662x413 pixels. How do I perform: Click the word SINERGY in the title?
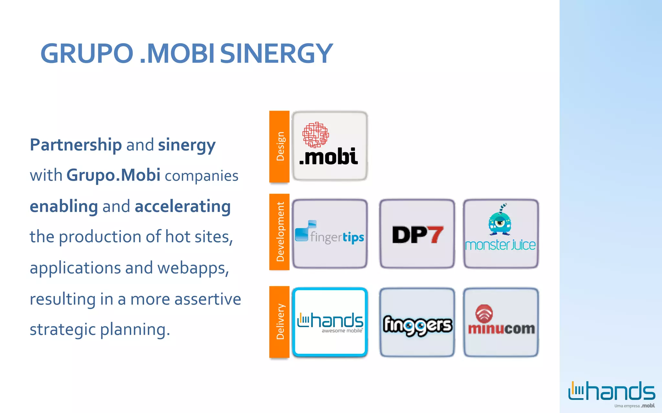[276, 54]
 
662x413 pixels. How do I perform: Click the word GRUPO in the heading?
[87, 54]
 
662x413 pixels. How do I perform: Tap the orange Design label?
[280, 146]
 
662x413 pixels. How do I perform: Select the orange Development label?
[280, 231]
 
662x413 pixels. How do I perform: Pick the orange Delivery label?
[280, 321]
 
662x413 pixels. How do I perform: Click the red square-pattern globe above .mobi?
[315, 135]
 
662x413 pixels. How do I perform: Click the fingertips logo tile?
[330, 234]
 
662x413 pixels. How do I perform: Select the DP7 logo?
[417, 235]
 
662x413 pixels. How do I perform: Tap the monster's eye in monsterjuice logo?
[500, 222]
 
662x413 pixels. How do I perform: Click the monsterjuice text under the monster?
[500, 245]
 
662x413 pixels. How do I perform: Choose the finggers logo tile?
[417, 323]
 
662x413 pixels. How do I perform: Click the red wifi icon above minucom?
[484, 313]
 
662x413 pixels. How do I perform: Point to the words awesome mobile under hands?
[342, 331]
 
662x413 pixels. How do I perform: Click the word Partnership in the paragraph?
[76, 145]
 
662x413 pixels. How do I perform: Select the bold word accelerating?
[183, 206]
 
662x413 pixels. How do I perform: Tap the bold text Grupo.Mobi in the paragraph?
[113, 175]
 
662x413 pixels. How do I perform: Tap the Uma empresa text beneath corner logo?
[626, 406]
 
